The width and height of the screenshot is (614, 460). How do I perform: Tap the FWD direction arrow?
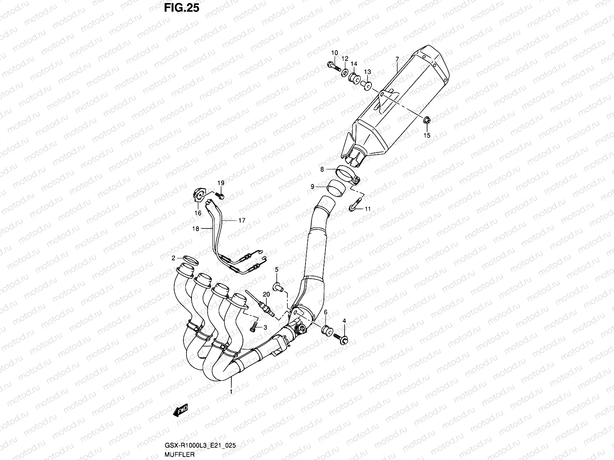tap(181, 410)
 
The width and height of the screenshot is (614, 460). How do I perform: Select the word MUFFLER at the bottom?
tap(180, 454)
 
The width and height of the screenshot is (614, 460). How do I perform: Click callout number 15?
tap(427, 135)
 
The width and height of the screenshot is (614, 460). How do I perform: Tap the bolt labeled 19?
tap(221, 196)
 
